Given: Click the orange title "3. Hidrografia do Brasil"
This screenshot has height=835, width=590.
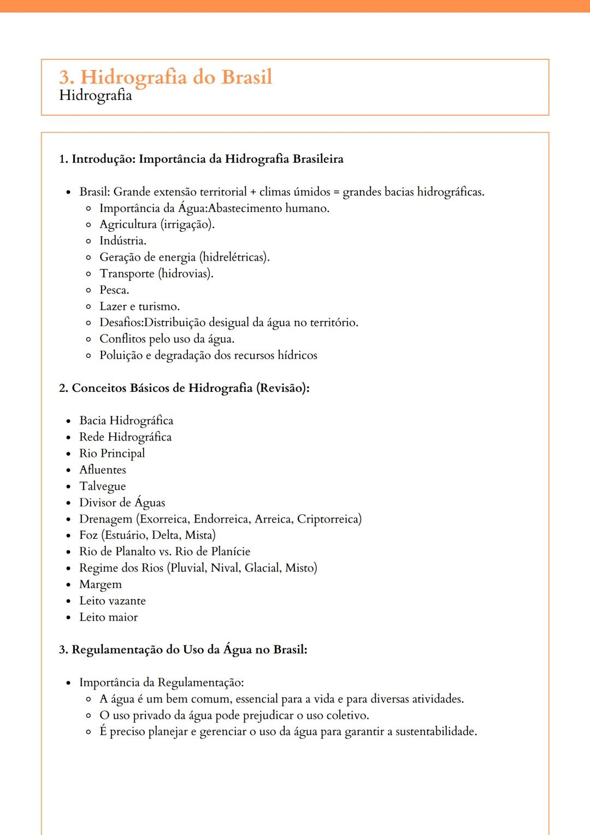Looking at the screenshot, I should pyautogui.click(x=166, y=77).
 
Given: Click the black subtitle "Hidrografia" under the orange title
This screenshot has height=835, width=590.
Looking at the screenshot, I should pyautogui.click(x=96, y=95).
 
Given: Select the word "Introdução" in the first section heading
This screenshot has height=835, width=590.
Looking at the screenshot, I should pyautogui.click(x=103, y=159).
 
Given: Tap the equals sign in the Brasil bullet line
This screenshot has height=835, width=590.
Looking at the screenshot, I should pyautogui.click(x=336, y=192).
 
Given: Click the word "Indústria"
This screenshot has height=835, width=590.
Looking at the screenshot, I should pyautogui.click(x=122, y=241).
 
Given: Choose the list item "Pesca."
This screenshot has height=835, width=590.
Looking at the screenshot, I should pyautogui.click(x=114, y=290).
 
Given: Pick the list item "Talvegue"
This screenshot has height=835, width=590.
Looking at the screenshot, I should pyautogui.click(x=102, y=486).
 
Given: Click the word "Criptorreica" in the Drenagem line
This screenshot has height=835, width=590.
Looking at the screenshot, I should pyautogui.click(x=328, y=519).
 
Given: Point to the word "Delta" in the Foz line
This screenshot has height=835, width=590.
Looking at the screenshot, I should pyautogui.click(x=165, y=535).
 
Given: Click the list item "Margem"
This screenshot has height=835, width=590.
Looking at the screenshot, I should pyautogui.click(x=101, y=585).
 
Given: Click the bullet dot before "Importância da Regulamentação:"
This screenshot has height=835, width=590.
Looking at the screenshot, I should pyautogui.click(x=68, y=683).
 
